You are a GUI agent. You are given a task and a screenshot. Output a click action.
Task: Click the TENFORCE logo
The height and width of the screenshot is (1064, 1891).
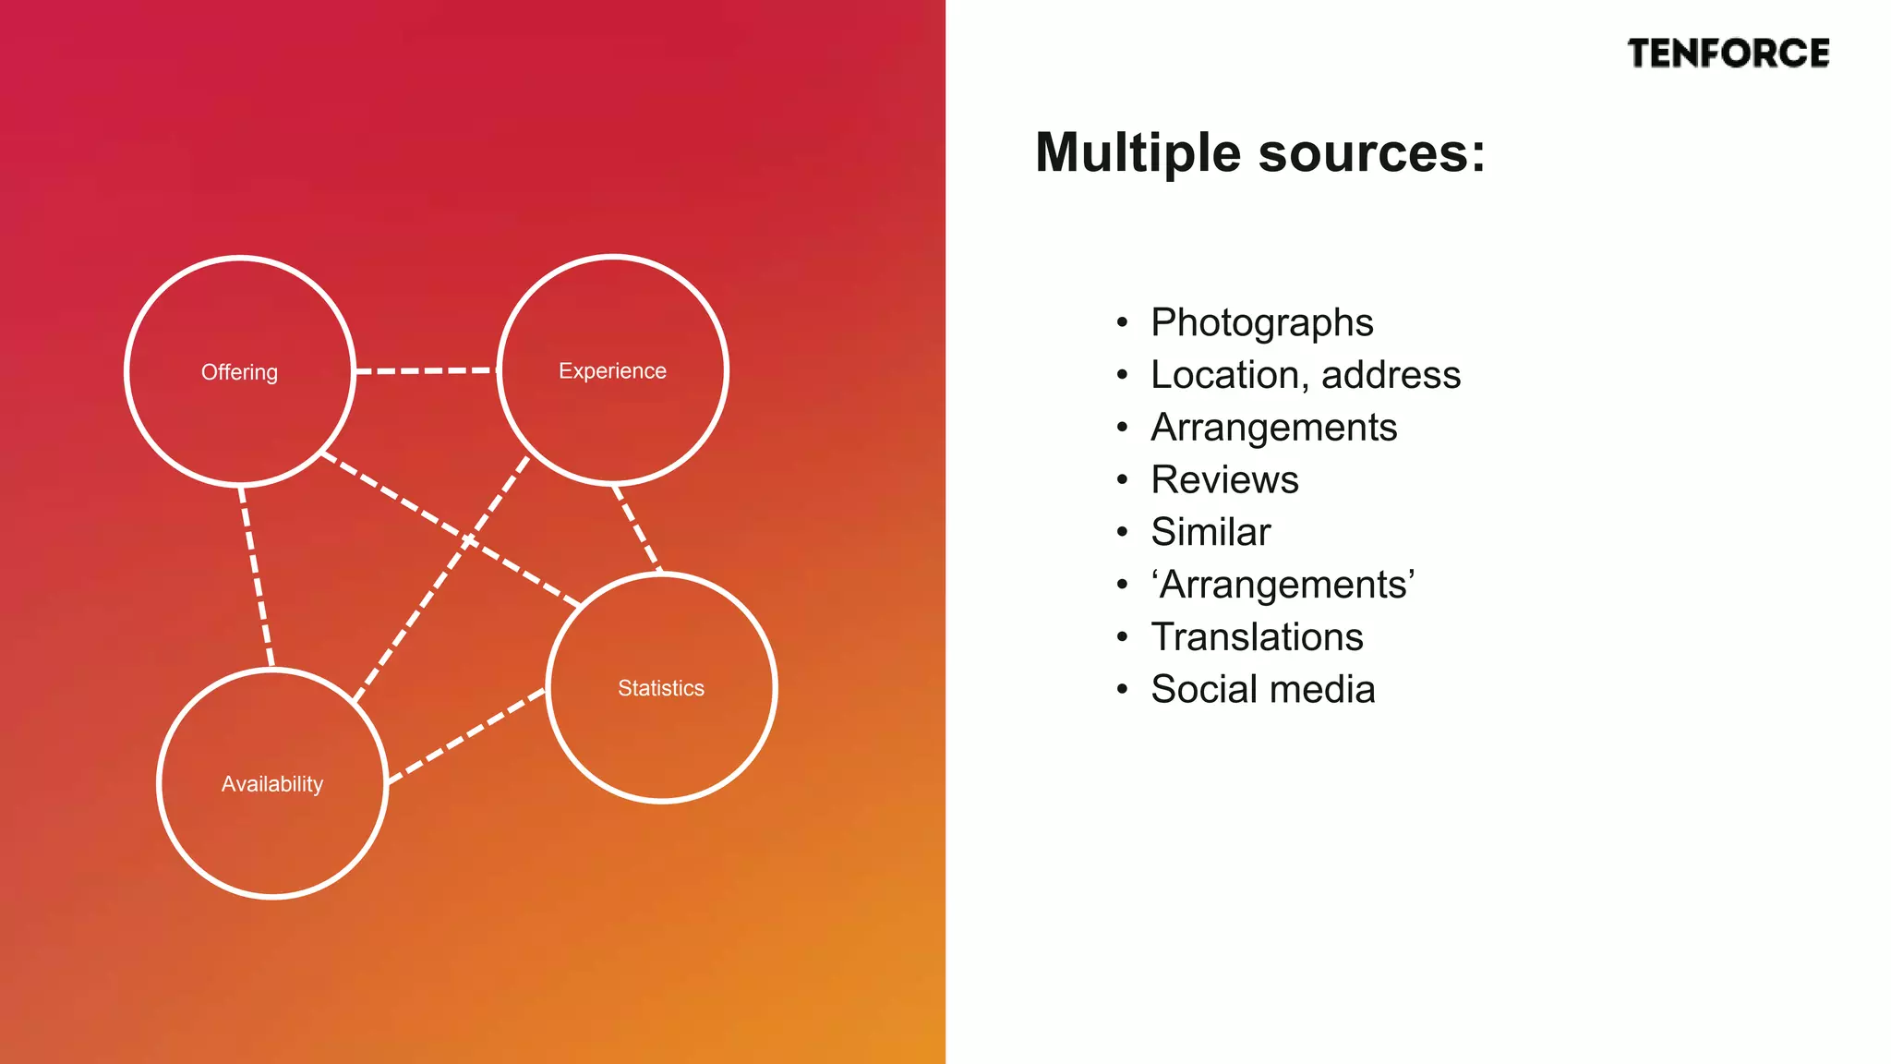pos(1728,54)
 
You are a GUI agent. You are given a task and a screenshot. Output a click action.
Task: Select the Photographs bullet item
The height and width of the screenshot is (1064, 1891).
pos(1261,322)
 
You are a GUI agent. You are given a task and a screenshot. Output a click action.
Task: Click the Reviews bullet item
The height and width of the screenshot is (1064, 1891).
pos(1224,479)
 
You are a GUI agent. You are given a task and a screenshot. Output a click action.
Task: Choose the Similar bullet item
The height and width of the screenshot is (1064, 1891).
pos(1210,532)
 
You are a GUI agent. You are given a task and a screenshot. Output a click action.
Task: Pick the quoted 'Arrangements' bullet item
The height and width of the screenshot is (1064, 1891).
pos(1283,585)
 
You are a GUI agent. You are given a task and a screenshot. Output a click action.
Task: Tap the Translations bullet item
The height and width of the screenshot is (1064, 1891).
pos(1257,637)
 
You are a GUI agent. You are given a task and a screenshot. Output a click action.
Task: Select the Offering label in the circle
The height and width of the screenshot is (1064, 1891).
pos(239,372)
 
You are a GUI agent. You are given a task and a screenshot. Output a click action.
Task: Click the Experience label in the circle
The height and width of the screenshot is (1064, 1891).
pos(612,370)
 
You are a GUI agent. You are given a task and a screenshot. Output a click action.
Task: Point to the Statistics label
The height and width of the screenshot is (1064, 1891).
pos(661,688)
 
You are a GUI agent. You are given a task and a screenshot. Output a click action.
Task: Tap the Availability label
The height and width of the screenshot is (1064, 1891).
pos(272,784)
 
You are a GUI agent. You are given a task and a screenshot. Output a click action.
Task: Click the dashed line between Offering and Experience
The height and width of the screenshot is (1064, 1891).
pos(427,370)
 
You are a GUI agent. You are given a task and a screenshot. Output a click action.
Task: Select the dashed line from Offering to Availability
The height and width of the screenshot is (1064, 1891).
pos(257,577)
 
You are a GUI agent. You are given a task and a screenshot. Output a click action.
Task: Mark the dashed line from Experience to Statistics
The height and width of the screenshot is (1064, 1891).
pos(637,527)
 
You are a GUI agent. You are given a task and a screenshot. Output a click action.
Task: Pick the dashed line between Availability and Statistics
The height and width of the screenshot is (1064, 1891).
pos(467,735)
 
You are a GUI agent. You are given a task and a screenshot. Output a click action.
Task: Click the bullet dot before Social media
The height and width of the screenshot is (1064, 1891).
pos(1122,690)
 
